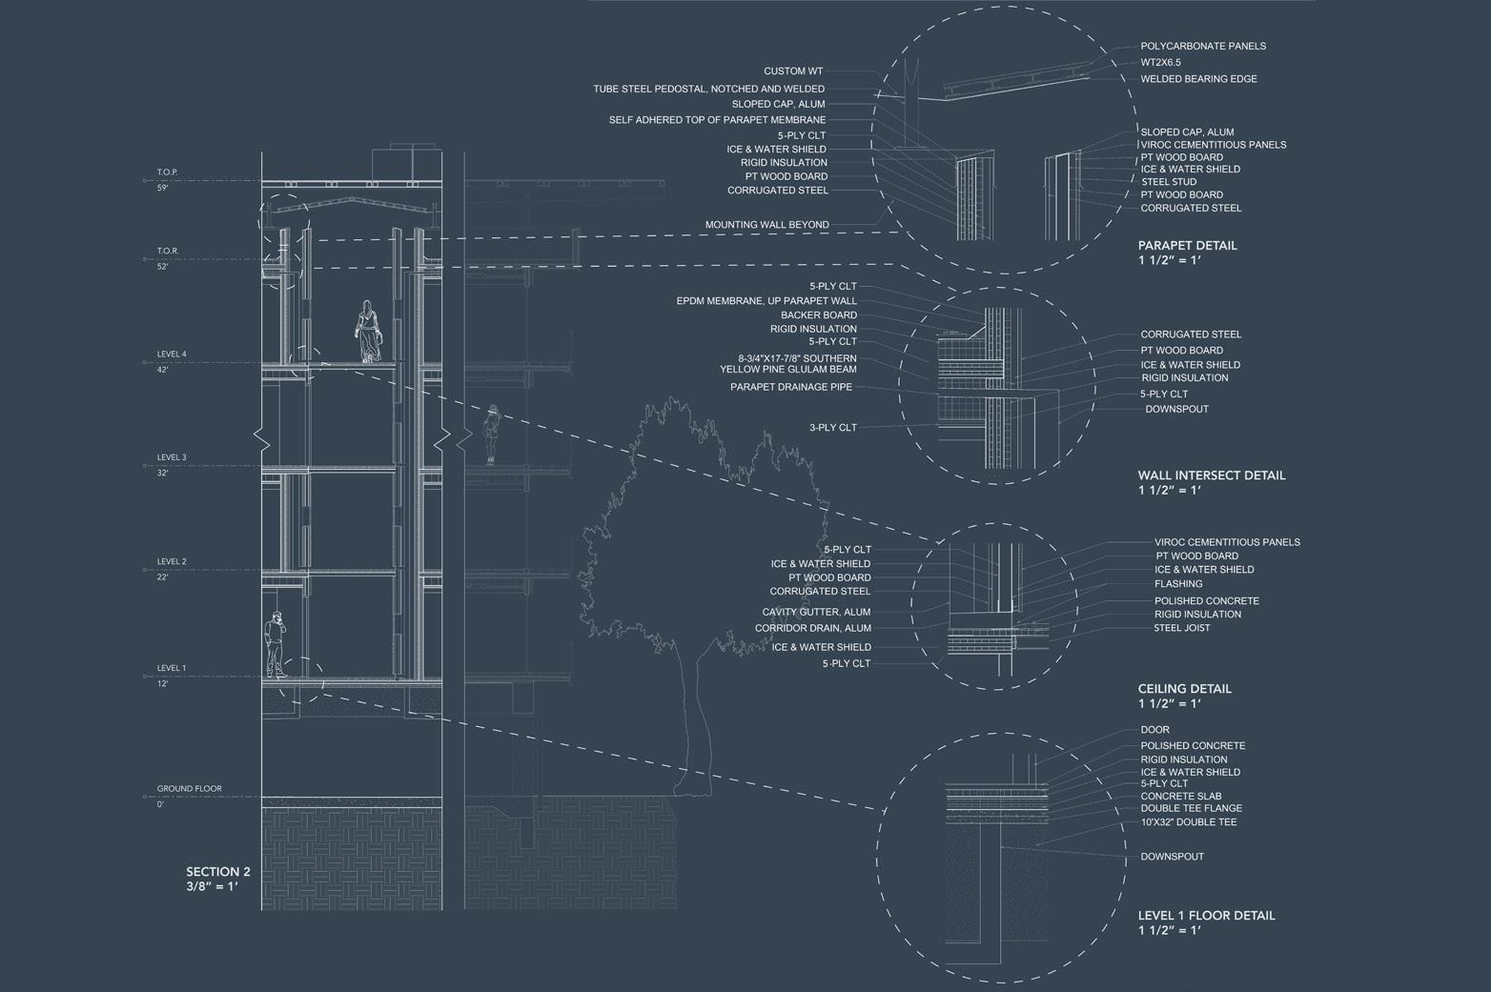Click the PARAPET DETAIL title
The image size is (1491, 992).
coord(1187,245)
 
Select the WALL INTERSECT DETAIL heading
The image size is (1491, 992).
coord(1211,476)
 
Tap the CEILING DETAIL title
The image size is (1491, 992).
coord(1184,689)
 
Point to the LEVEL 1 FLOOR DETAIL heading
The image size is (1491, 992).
coord(1206,916)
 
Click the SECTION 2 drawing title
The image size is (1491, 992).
coord(218,872)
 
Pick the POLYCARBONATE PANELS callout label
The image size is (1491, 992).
coord(1203,46)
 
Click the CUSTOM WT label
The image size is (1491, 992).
coord(792,71)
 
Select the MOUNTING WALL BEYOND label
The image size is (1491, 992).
coord(766,225)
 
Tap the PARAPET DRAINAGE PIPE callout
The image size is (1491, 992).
coord(791,387)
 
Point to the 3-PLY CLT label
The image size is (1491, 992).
coord(833,428)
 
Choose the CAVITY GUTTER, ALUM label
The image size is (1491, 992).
coord(816,612)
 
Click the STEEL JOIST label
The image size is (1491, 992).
coord(1181,628)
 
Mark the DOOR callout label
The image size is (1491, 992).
coord(1154,730)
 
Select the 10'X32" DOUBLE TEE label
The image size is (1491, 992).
coord(1188,821)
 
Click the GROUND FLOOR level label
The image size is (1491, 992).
coord(189,789)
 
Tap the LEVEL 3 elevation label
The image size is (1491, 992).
coord(172,457)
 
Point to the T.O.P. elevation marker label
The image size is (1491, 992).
coord(168,172)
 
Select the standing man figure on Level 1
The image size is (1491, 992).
coord(276,644)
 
